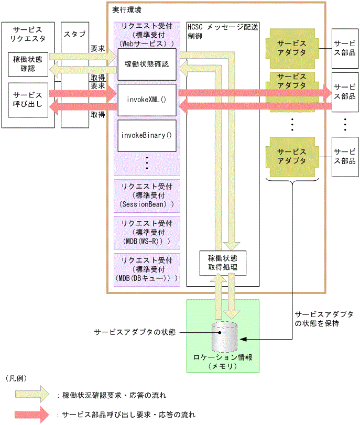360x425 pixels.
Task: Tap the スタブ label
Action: (74, 35)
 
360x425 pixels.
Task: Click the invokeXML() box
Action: (147, 99)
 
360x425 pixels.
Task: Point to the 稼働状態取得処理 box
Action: (223, 263)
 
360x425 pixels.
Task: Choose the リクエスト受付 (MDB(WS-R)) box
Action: (147, 231)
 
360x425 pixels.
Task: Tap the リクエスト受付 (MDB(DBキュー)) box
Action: (147, 268)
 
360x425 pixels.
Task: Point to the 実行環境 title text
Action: (126, 10)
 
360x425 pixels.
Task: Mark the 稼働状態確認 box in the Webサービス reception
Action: (147, 64)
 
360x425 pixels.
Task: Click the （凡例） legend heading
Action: (16, 377)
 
